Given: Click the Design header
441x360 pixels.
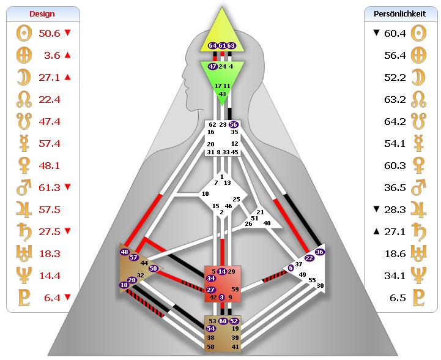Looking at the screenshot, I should point(42,13).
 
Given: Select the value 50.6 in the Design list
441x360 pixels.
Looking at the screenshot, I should point(50,32).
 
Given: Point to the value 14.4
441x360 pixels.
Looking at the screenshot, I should point(50,276).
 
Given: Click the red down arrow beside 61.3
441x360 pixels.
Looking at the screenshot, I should point(67,187).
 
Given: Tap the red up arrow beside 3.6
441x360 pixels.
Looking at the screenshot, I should point(67,55).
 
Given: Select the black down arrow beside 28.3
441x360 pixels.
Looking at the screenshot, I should point(377,209).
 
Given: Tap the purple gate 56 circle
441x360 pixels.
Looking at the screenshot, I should point(233,124).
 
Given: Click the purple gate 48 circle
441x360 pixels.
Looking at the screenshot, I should point(125,252).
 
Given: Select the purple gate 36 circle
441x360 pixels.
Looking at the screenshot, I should point(319,252).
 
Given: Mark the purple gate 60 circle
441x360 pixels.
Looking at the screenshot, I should point(223,321).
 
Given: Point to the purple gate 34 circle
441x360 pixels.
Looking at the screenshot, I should point(211,279).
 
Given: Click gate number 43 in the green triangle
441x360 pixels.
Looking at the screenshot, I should point(222,94).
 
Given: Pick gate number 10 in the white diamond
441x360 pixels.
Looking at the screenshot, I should point(206,194).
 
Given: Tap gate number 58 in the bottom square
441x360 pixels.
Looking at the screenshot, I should point(211,347).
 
